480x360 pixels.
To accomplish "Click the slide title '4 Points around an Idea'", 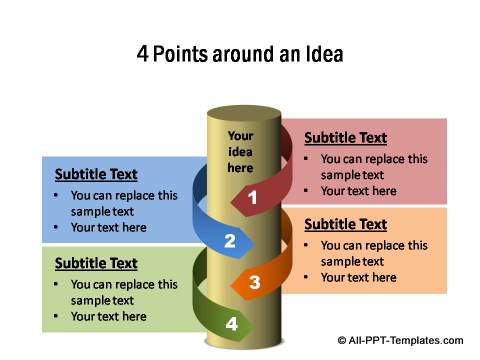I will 240,54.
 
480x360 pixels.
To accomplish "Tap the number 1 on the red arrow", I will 253,198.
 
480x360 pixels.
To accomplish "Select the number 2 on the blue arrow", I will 230,241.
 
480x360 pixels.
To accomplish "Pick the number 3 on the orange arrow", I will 255,283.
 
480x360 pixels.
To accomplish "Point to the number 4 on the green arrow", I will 232,324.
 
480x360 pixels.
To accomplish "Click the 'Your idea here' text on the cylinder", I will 240,151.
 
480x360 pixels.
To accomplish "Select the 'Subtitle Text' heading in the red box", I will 345,138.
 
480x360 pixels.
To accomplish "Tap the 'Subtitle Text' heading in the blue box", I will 96,174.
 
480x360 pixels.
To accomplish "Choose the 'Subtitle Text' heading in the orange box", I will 345,224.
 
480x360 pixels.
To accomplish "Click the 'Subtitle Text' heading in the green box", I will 96,263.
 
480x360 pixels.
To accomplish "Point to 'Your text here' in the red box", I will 358,191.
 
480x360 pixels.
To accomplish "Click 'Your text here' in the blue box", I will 108,227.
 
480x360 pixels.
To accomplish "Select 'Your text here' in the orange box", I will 358,277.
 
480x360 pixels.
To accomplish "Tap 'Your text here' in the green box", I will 108,316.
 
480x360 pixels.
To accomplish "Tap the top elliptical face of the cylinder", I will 243,113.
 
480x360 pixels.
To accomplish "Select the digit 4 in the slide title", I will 142,54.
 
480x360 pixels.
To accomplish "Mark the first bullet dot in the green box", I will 55,285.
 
